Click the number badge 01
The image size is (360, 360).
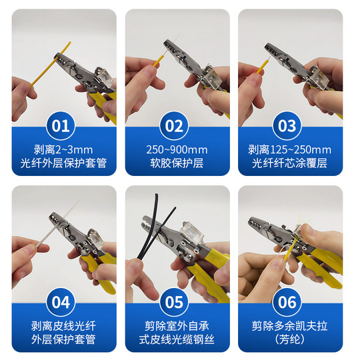tap(61, 126)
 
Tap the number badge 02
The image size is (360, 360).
tap(174, 126)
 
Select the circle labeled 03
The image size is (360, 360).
tap(287, 126)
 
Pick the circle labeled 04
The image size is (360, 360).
tap(61, 302)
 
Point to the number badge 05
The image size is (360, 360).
tap(174, 302)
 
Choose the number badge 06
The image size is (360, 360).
tap(287, 302)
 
